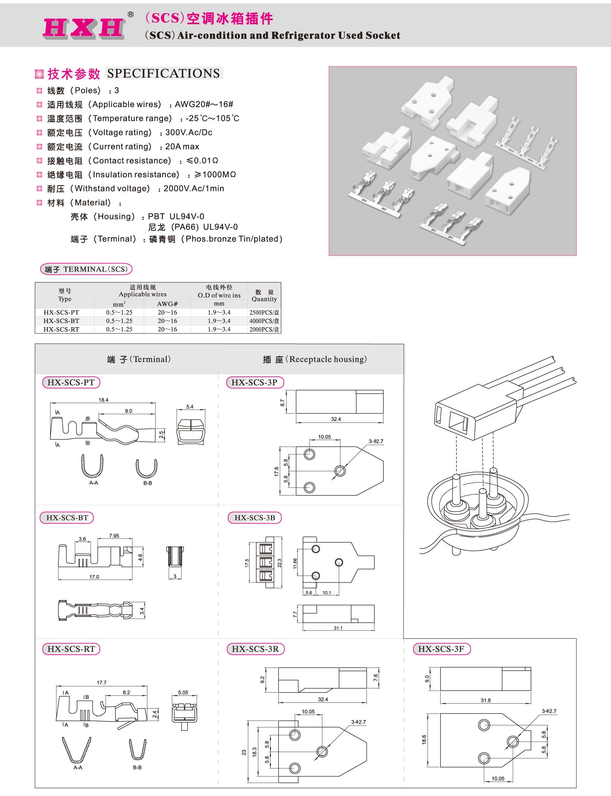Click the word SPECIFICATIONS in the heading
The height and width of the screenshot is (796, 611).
163,73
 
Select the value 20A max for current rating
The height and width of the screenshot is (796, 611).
182,147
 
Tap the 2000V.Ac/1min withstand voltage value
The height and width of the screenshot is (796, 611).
194,188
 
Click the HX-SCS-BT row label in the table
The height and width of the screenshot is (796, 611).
61,321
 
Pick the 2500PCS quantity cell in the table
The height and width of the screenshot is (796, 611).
264,312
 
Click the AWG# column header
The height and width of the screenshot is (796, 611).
167,304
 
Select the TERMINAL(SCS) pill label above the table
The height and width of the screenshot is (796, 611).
86,269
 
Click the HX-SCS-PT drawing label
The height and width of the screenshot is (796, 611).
71,382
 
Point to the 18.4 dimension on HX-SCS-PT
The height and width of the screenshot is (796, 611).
103,400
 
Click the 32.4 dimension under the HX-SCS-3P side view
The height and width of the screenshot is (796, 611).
336,419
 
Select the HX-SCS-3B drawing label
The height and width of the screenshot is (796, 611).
255,518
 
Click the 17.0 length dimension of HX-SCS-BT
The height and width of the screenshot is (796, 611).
94,577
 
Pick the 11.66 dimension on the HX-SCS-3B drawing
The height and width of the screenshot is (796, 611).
295,563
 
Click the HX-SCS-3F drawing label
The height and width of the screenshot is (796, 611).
441,649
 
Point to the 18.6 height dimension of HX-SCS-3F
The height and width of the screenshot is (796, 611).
424,739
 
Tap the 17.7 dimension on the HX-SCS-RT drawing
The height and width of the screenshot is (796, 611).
101,683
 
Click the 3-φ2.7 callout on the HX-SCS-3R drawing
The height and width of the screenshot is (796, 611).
358,722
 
